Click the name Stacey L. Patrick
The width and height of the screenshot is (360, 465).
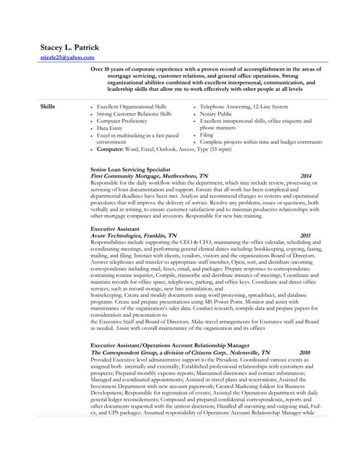[69, 47]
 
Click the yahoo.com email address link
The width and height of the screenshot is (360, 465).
[67, 57]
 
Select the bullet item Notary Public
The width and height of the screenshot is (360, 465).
[217, 113]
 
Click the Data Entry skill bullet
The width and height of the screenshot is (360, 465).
[110, 128]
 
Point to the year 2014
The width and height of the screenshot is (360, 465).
[305, 176]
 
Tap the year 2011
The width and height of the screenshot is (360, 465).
[305, 235]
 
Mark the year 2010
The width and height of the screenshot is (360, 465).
[304, 352]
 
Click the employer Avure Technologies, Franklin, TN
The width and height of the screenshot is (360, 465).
[134, 235]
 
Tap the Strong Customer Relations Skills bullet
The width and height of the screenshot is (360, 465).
[134, 113]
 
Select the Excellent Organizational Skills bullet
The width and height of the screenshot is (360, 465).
[132, 106]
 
